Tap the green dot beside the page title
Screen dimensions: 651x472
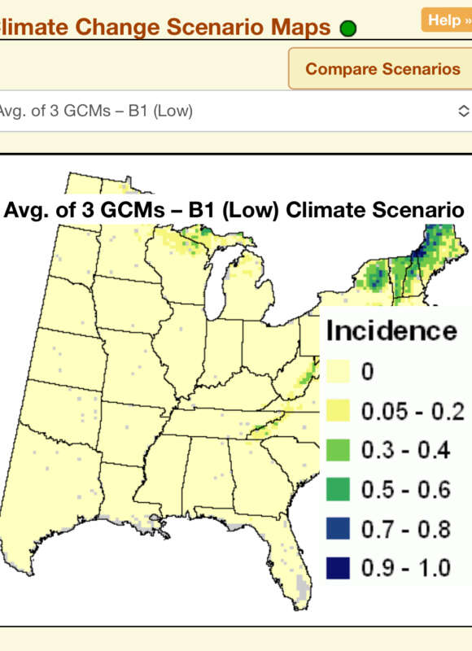tap(347, 29)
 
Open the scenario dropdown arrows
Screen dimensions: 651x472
tap(463, 111)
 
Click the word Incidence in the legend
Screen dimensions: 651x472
tap(391, 331)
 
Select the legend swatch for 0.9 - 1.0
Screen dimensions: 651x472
tap(339, 566)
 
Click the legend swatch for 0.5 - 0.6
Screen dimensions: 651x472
tap(339, 489)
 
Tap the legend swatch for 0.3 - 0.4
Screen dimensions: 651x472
tap(339, 450)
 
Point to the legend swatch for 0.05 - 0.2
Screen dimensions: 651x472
tap(339, 412)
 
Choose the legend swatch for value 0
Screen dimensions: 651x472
tap(339, 374)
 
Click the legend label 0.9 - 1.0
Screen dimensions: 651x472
tap(406, 566)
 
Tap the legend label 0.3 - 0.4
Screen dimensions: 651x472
tap(406, 450)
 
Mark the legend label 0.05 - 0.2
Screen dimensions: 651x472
tap(413, 412)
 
